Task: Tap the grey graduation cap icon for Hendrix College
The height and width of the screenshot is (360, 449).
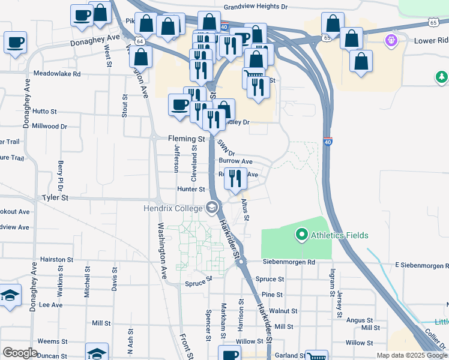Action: click(x=211, y=208)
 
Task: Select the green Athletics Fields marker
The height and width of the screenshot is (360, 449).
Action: click(x=301, y=235)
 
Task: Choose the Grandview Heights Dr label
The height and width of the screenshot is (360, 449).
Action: click(x=256, y=7)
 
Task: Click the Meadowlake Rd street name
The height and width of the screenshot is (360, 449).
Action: click(x=57, y=74)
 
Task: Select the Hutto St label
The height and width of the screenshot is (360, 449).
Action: click(x=44, y=112)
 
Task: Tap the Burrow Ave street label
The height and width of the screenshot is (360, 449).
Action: click(x=235, y=161)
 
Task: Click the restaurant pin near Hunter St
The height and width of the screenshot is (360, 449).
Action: click(x=235, y=178)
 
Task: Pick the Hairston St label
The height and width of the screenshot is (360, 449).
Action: click(x=56, y=260)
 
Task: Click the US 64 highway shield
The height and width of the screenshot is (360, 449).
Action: click(x=139, y=40)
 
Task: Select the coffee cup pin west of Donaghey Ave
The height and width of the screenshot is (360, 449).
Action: click(x=16, y=43)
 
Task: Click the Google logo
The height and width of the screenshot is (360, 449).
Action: click(x=20, y=352)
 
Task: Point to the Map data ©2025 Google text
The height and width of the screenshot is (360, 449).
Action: click(x=411, y=355)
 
